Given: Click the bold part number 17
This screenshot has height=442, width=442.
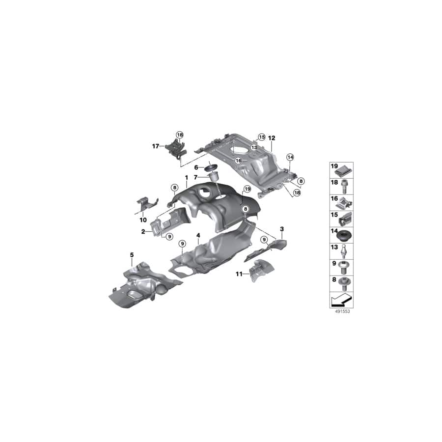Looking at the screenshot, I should click(155, 146).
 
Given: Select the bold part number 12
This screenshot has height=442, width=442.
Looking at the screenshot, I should click(272, 138).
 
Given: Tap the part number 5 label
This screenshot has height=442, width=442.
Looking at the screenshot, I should click(132, 254).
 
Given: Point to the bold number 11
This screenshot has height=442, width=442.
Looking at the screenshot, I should click(239, 275).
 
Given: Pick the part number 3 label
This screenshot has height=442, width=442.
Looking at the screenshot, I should click(282, 229).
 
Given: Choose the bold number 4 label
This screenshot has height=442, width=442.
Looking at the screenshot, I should click(198, 236).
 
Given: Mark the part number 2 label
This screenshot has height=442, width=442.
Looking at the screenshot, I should click(143, 231).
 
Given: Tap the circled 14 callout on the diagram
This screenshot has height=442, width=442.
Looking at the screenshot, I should click(290, 157).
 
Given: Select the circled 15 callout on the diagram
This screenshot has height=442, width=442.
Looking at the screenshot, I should click(261, 137).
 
